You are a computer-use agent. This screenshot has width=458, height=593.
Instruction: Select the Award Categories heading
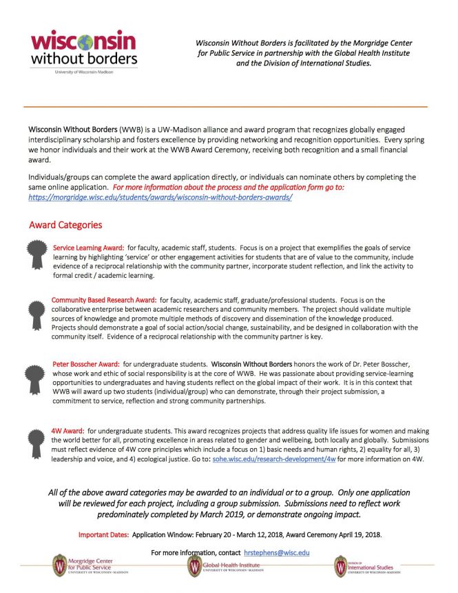tap(65, 225)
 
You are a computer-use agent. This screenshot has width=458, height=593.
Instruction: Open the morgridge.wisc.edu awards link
tap(160, 197)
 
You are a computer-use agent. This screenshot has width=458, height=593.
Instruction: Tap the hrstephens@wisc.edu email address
tap(277, 552)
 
